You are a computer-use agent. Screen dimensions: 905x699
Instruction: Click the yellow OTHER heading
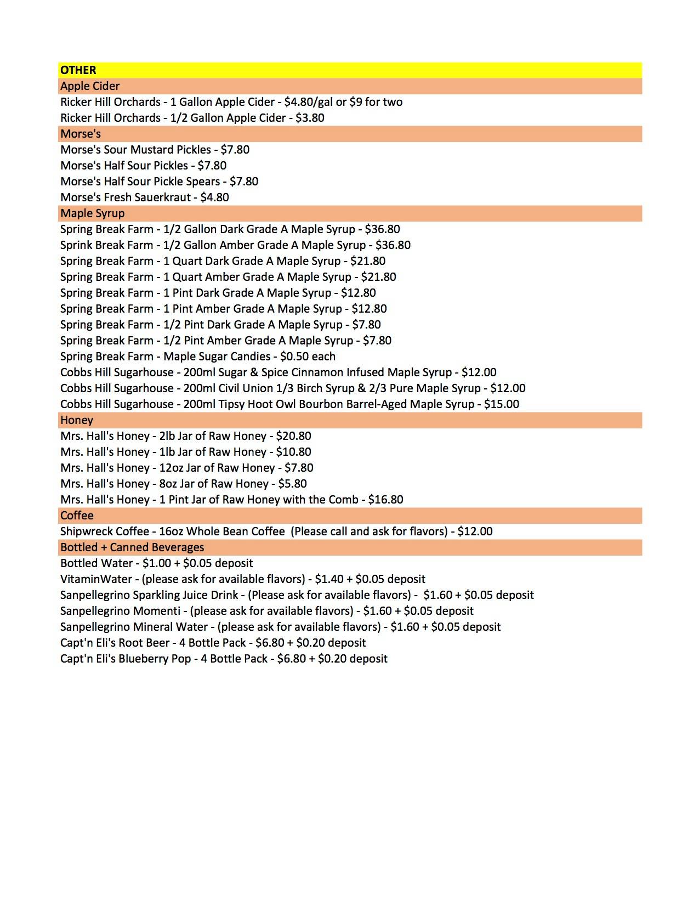coord(78,70)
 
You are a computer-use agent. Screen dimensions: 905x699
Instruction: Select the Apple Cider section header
coord(90,86)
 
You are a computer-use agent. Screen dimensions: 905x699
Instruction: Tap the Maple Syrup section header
coord(92,213)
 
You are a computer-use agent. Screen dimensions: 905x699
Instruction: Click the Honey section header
coord(77,420)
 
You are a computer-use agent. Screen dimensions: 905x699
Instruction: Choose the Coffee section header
coord(77,516)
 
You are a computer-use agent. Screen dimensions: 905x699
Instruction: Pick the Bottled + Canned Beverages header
coord(132,547)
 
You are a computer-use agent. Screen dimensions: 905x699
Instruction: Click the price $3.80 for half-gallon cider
coord(310,118)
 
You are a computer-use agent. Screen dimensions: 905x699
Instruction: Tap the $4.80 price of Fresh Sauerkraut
coord(215,197)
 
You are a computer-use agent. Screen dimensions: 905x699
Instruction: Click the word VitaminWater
coord(96,579)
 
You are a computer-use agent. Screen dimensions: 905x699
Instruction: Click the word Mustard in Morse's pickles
coord(150,150)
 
